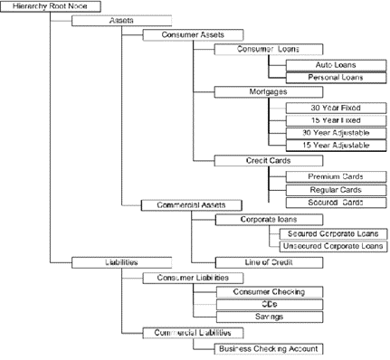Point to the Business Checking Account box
[x=268, y=348]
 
